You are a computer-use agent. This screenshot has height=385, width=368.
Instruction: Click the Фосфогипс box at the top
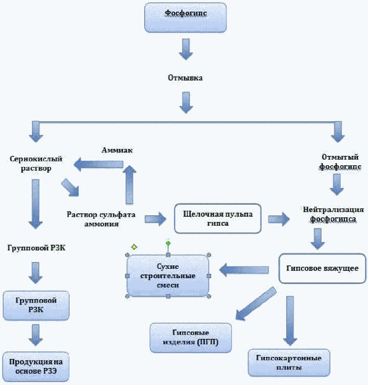click(185, 17)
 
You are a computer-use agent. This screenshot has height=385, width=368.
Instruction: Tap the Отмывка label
click(185, 78)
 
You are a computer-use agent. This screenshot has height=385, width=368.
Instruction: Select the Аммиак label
click(117, 150)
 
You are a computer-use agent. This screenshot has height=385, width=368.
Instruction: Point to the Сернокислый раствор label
click(36, 164)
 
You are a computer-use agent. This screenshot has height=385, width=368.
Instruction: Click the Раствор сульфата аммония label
click(101, 219)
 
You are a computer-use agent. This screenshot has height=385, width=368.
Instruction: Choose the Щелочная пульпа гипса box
click(217, 218)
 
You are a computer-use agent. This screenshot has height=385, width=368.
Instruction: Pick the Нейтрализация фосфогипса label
click(333, 214)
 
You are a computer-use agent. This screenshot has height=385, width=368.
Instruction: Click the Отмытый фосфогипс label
click(340, 162)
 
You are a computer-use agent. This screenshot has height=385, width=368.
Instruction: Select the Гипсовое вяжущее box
click(322, 268)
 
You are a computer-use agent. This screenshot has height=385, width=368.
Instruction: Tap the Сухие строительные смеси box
click(168, 276)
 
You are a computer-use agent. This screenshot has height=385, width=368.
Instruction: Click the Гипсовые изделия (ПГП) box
click(190, 337)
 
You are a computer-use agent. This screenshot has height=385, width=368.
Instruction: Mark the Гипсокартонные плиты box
click(289, 363)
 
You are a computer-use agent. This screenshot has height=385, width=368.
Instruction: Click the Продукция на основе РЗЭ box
click(36, 366)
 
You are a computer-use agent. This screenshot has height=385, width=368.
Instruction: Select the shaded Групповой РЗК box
click(36, 305)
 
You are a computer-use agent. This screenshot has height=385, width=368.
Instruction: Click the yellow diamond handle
click(134, 247)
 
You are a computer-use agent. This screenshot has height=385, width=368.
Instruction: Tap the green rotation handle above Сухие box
click(168, 243)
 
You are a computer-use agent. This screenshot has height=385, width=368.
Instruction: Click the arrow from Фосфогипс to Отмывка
click(186, 49)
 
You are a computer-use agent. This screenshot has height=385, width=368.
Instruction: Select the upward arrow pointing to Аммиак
click(129, 185)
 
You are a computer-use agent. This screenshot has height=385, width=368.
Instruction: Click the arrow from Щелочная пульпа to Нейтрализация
click(279, 219)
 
